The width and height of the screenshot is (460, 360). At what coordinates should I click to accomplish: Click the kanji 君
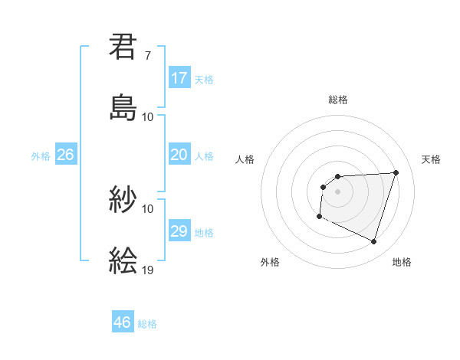pyautogui.click(x=123, y=47)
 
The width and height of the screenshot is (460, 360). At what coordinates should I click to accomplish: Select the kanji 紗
pyautogui.click(x=123, y=200)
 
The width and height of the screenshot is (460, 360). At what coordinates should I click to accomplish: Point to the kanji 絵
pyautogui.click(x=123, y=260)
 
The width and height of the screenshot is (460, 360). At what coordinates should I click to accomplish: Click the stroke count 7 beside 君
pyautogui.click(x=148, y=56)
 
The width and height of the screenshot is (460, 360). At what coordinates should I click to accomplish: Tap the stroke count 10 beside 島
pyautogui.click(x=148, y=116)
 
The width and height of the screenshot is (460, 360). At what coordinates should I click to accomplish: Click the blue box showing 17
pyautogui.click(x=179, y=78)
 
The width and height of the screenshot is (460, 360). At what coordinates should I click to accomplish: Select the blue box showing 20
pyautogui.click(x=179, y=155)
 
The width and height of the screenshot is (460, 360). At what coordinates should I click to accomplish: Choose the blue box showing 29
pyautogui.click(x=179, y=231)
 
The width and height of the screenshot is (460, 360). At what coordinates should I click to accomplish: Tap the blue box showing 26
pyautogui.click(x=65, y=155)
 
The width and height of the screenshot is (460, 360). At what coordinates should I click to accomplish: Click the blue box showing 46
pyautogui.click(x=123, y=322)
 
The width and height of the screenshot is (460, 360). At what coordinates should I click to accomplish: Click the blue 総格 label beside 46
pyautogui.click(x=147, y=324)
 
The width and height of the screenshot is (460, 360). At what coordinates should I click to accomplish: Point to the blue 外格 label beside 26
pyautogui.click(x=41, y=156)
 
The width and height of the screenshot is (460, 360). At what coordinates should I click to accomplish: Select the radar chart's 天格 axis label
pyautogui.click(x=432, y=159)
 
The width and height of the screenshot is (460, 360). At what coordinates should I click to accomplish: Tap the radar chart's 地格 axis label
pyautogui.click(x=402, y=262)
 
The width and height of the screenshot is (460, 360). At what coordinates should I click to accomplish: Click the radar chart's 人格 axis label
pyautogui.click(x=245, y=159)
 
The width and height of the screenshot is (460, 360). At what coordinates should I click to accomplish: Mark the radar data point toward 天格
pyautogui.click(x=396, y=172)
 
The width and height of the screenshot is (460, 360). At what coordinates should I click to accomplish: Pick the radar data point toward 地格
pyautogui.click(x=373, y=242)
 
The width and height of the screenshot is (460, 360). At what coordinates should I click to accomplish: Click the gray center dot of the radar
pyautogui.click(x=337, y=191)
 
